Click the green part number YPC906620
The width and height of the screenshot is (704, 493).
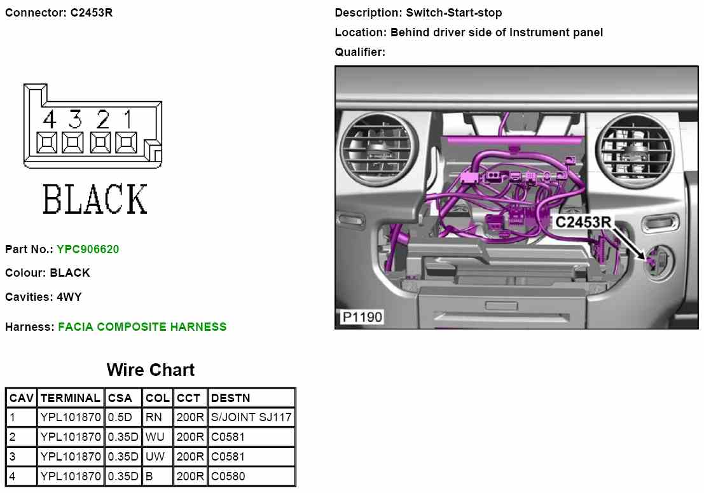88,249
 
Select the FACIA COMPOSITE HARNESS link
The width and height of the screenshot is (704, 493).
142,327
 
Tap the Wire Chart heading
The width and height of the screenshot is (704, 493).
151,370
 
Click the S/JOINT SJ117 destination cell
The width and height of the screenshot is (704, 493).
251,418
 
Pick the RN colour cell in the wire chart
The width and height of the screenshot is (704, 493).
154,418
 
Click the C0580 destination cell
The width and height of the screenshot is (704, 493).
228,476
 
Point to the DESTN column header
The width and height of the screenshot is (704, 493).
230,398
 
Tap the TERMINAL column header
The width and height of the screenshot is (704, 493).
70,398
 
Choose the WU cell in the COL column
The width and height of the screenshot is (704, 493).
155,437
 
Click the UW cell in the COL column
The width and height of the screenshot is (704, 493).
155,457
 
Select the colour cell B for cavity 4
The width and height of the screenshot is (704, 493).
149,476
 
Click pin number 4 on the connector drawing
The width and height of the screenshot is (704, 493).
49,119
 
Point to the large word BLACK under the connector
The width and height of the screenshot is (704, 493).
95,199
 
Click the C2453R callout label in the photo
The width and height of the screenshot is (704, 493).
583,222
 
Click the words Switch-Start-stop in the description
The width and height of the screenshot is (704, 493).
454,13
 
